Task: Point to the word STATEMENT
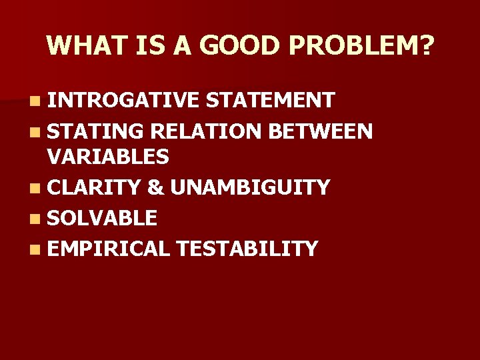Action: tap(270, 100)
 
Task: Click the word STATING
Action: tap(96, 131)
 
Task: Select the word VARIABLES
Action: tap(108, 157)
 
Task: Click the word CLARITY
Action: tap(94, 188)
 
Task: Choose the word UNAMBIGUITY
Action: tap(250, 188)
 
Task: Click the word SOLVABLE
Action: tap(102, 218)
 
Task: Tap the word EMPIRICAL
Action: tap(109, 249)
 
